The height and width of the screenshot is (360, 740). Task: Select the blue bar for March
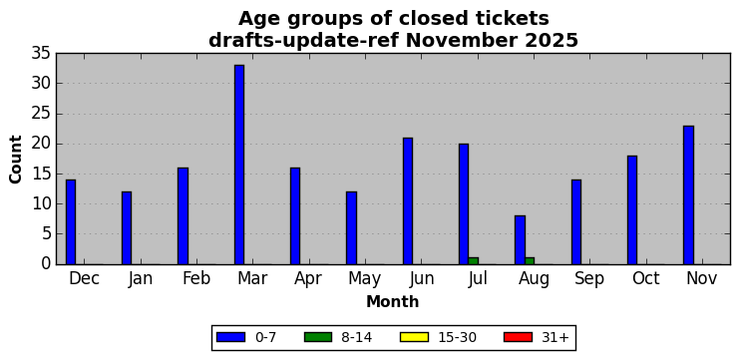click(239, 165)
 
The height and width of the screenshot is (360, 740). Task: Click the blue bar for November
click(688, 194)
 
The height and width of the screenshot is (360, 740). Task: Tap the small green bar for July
click(474, 261)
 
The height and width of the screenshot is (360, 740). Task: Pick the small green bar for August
click(530, 261)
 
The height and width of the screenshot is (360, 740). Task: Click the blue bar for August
click(520, 240)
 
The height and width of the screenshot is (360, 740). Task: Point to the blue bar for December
click(71, 221)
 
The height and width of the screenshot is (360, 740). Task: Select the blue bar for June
click(408, 201)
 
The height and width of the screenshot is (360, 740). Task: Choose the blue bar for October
click(632, 210)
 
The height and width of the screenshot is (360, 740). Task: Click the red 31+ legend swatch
click(518, 337)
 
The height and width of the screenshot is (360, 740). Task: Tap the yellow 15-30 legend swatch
click(414, 337)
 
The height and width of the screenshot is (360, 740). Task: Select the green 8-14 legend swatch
click(318, 337)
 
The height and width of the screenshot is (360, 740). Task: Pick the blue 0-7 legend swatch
click(230, 337)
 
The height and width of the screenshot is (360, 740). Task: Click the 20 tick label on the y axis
click(41, 144)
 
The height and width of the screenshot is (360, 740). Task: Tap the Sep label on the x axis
click(589, 279)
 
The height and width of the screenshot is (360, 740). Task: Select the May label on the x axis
click(364, 279)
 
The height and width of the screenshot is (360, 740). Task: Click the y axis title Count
click(16, 159)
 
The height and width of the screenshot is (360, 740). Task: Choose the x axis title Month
click(393, 301)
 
